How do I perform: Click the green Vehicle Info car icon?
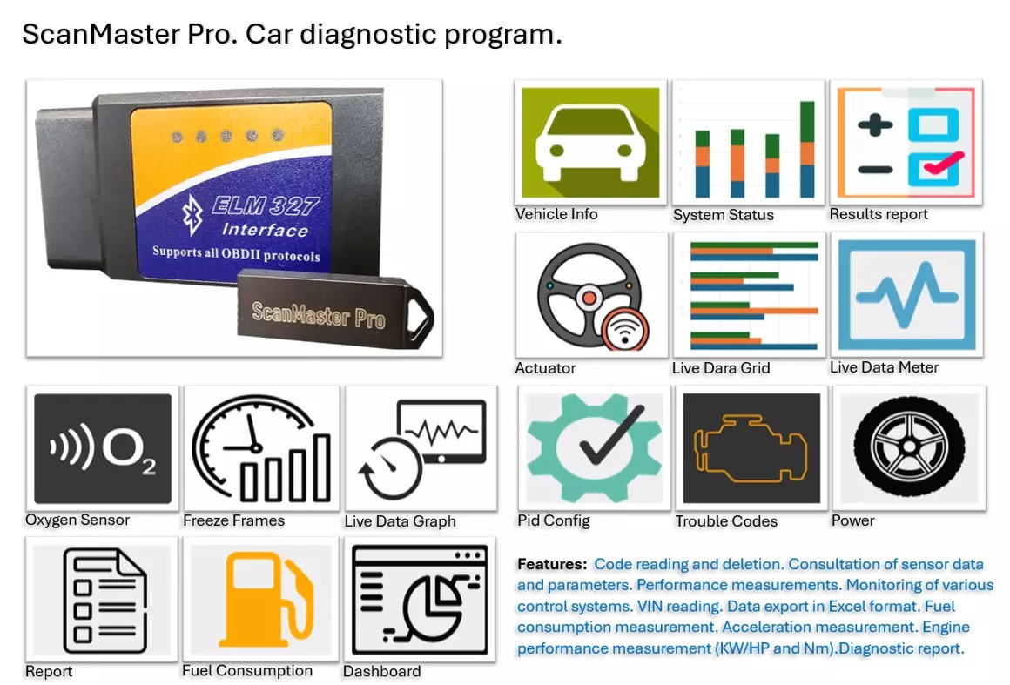(590, 142)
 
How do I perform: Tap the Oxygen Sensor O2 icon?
(103, 449)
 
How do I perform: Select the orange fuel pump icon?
(266, 600)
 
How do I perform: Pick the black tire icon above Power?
(909, 447)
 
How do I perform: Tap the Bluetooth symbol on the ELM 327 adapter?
(192, 215)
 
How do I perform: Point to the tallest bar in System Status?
(806, 149)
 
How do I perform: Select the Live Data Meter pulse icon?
(907, 295)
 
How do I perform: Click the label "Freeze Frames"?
(234, 520)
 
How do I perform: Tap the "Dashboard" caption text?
(381, 671)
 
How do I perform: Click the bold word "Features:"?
(552, 564)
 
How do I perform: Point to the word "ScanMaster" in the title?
(101, 34)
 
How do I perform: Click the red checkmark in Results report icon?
(944, 162)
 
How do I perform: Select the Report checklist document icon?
(104, 600)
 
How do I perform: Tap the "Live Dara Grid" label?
(721, 367)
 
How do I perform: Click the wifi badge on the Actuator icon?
(625, 330)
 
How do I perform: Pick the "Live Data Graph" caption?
(400, 520)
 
